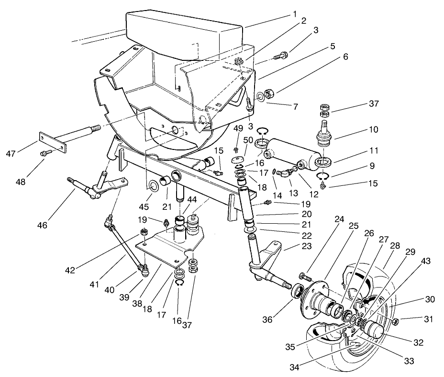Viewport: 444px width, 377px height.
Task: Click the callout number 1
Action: click(295, 14)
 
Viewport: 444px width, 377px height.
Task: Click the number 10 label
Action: click(374, 130)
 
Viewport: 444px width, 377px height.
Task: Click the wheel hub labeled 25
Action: click(316, 302)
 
